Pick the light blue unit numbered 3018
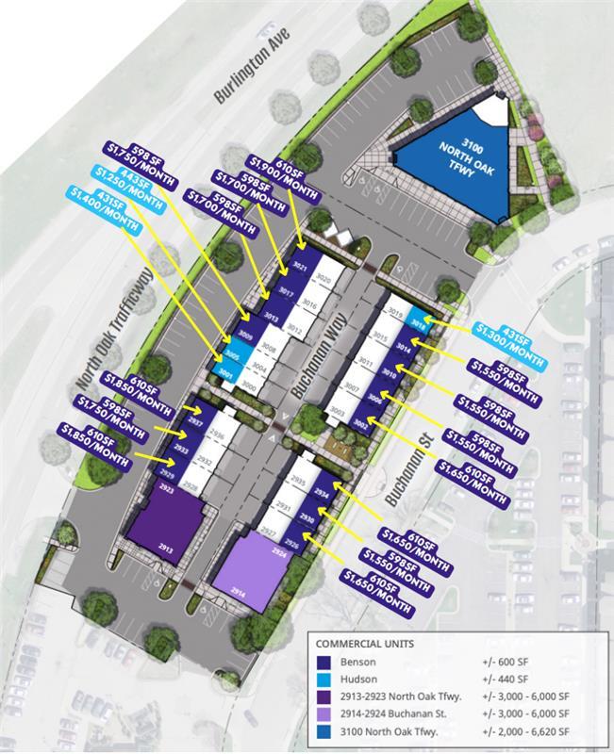click(x=419, y=322)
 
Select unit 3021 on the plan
click(x=300, y=268)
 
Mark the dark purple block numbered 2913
click(x=167, y=532)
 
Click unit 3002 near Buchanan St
click(x=359, y=425)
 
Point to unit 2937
click(x=196, y=423)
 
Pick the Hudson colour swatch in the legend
click(x=325, y=678)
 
